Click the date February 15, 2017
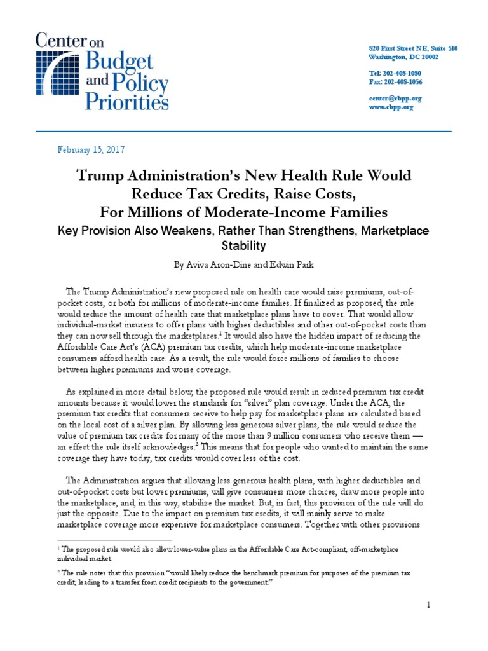[x=90, y=150]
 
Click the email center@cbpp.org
[x=395, y=99]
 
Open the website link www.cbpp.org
[x=391, y=107]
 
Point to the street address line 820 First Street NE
[x=413, y=48]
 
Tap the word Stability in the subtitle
[x=243, y=245]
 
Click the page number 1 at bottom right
[x=429, y=605]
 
